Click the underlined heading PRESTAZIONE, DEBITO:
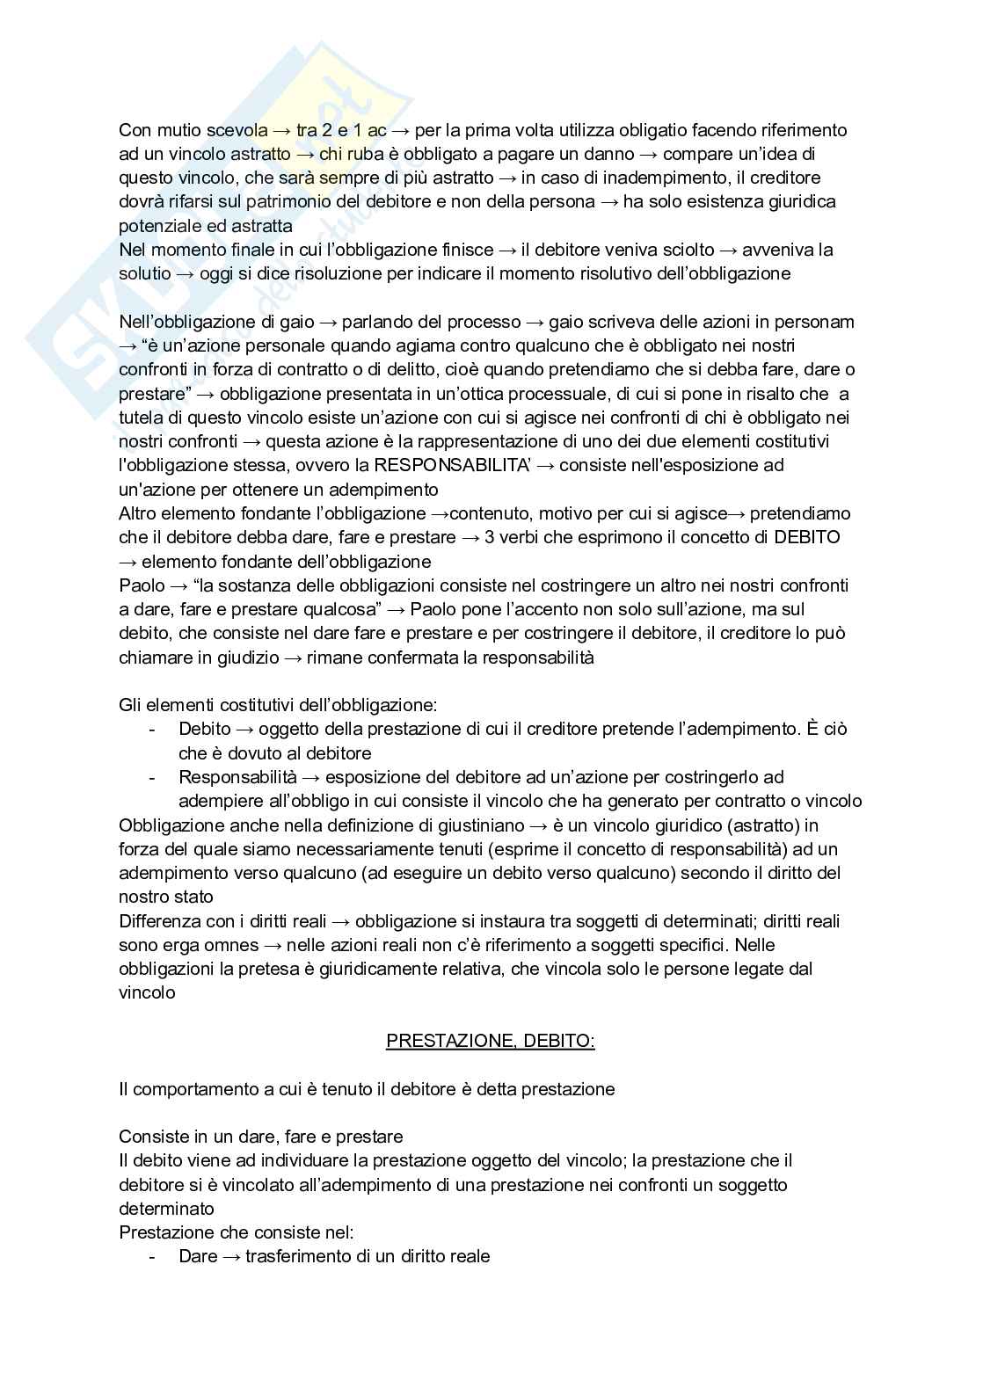491,1041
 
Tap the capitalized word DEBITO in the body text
807,537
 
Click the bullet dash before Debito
153,730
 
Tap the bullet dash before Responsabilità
153,778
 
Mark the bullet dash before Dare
153,1257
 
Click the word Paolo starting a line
142,585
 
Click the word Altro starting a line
139,513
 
